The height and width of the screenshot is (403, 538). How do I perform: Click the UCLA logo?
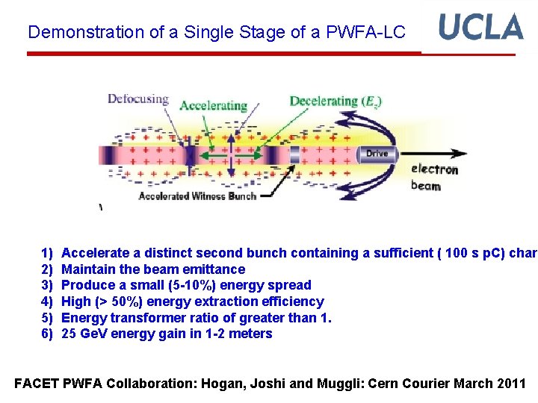click(480, 27)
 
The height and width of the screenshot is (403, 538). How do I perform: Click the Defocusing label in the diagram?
click(137, 99)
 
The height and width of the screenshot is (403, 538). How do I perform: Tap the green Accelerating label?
click(213, 105)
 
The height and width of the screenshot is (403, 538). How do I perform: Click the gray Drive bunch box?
click(377, 154)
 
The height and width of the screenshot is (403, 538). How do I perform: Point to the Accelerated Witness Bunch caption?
click(197, 196)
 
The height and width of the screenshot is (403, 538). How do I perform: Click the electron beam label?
click(435, 177)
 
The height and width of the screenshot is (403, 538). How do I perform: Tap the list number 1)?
click(47, 253)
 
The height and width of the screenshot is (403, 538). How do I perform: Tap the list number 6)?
click(47, 334)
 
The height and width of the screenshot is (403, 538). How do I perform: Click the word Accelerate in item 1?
click(93, 253)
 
